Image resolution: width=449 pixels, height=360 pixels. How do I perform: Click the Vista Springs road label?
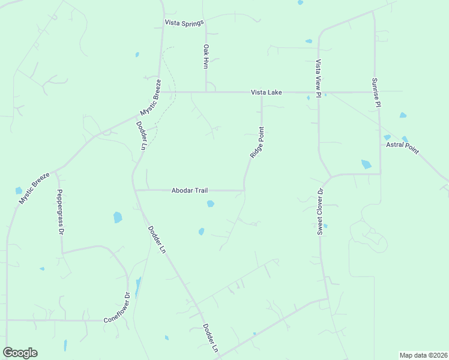click(185, 22)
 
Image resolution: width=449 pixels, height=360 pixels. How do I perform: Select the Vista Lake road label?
click(266, 92)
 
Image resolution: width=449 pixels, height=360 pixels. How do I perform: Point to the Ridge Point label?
click(257, 142)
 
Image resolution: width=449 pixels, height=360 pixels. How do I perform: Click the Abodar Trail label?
click(190, 190)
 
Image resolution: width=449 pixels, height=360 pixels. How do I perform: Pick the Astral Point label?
click(402, 145)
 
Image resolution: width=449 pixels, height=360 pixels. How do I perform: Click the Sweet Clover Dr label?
click(321, 211)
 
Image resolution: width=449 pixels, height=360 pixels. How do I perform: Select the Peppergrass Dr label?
click(59, 211)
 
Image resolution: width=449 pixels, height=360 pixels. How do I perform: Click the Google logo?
click(20, 353)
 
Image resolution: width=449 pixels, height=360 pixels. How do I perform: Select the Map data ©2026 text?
click(423, 355)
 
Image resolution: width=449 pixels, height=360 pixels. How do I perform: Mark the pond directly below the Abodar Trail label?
click(210, 204)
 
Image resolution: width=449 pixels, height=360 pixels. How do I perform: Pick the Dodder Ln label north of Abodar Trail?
click(141, 136)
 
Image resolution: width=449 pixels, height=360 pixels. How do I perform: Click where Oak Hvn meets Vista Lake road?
click(206, 92)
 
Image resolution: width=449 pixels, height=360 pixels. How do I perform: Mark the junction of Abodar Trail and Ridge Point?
click(244, 190)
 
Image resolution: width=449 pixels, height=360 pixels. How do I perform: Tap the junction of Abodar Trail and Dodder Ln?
click(134, 190)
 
